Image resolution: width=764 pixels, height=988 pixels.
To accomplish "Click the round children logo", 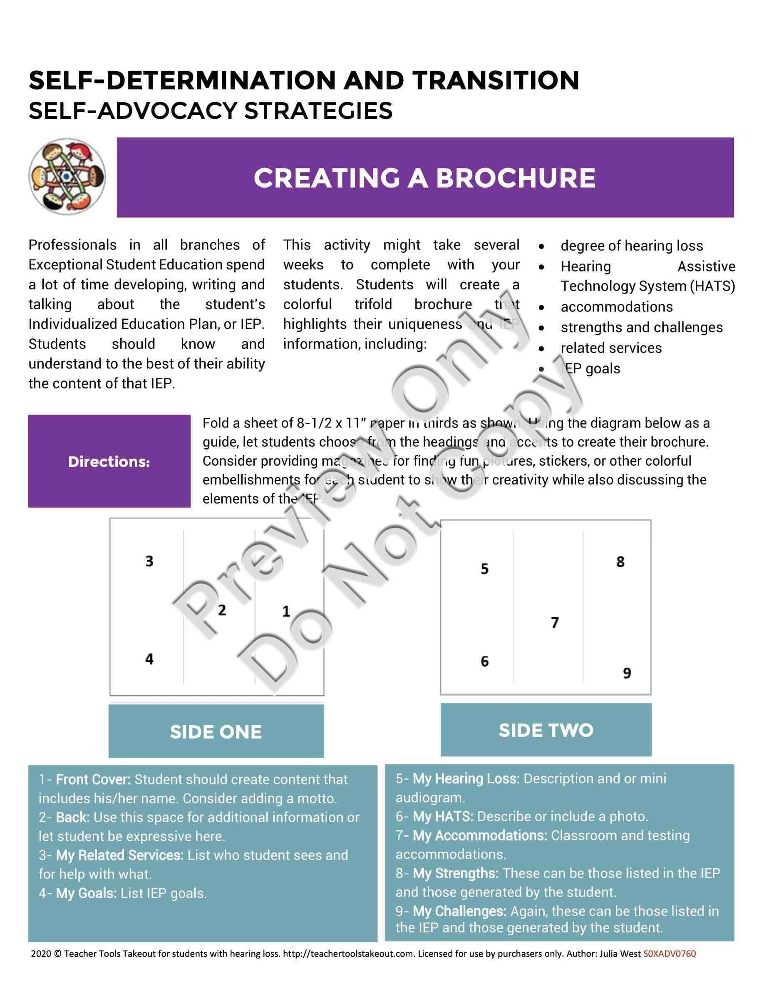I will (67, 176).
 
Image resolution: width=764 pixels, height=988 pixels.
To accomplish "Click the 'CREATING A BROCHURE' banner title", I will (424, 178).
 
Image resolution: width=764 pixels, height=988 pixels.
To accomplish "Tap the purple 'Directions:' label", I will (109, 462).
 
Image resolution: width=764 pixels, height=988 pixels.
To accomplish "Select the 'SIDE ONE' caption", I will (216, 732).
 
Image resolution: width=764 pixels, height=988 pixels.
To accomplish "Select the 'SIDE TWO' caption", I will (546, 730).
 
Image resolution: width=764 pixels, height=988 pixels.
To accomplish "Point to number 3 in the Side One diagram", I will (149, 561).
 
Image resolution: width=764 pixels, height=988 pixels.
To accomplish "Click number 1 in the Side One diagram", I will (286, 612).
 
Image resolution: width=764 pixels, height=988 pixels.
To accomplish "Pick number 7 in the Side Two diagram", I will (555, 622).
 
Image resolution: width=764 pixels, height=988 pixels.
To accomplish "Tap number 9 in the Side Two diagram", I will (627, 673).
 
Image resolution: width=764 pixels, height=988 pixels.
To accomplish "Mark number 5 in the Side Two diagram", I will (485, 569).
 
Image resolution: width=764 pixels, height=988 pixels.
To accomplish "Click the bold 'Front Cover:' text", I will (93, 779).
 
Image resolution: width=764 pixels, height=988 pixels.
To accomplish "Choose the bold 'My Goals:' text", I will (86, 894).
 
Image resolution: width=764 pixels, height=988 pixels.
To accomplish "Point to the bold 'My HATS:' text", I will (443, 817).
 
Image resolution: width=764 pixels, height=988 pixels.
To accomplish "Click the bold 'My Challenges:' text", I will (459, 911).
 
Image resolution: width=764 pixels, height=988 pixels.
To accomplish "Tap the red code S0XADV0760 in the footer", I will (669, 954).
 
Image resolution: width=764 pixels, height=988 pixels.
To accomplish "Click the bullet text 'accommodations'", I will (616, 307).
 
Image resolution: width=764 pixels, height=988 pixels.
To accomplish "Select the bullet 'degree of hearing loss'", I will (631, 246).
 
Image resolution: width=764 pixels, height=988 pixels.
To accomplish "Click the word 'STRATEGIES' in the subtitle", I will (318, 111).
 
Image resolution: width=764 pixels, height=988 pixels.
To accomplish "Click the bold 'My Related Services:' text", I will (119, 855).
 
